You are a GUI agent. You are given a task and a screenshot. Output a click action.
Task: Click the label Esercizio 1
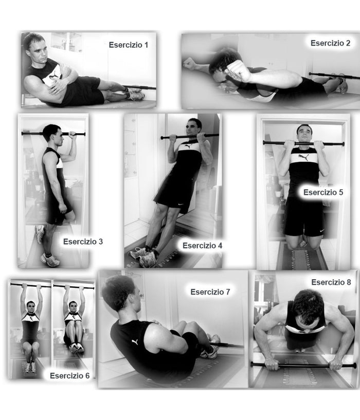pyautogui.click(x=128, y=45)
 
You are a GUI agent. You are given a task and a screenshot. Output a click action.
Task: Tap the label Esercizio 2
pyautogui.click(x=330, y=43)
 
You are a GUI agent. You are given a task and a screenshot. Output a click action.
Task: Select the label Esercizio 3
pyautogui.click(x=83, y=241)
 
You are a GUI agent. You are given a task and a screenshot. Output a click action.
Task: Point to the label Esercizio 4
pyautogui.click(x=202, y=246)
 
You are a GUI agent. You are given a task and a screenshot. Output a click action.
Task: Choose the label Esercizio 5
pyautogui.click(x=323, y=192)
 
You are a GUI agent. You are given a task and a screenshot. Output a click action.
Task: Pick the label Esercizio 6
pyautogui.click(x=69, y=376)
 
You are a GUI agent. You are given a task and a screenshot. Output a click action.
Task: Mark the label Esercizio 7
pyautogui.click(x=210, y=292)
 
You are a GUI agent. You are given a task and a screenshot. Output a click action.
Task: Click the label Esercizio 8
pyautogui.click(x=331, y=282)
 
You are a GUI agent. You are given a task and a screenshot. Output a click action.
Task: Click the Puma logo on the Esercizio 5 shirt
pyautogui.click(x=305, y=156)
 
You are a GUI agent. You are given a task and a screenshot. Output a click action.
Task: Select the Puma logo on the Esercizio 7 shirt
pyautogui.click(x=135, y=342)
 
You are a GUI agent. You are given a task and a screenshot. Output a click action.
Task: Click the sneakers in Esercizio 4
pyautogui.click(x=143, y=255)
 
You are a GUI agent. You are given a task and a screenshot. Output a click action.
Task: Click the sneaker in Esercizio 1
pyautogui.click(x=135, y=94)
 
